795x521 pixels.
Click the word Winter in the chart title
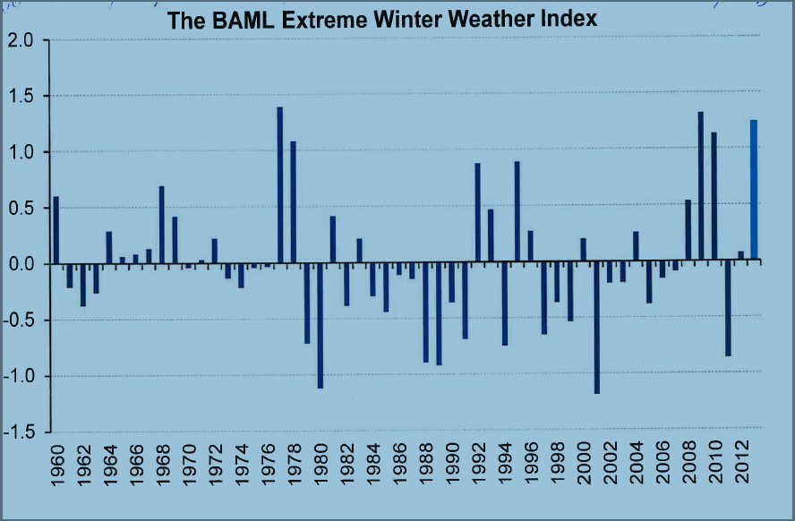tap(404, 20)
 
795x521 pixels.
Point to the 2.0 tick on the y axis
tap(23, 40)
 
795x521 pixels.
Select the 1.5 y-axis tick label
tap(23, 96)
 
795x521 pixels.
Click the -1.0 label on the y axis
tap(21, 376)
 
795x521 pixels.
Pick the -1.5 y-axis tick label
tap(21, 431)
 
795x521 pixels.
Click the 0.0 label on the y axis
tap(23, 264)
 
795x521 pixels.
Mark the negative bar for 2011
tap(728, 309)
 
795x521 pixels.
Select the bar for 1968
tap(162, 224)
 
